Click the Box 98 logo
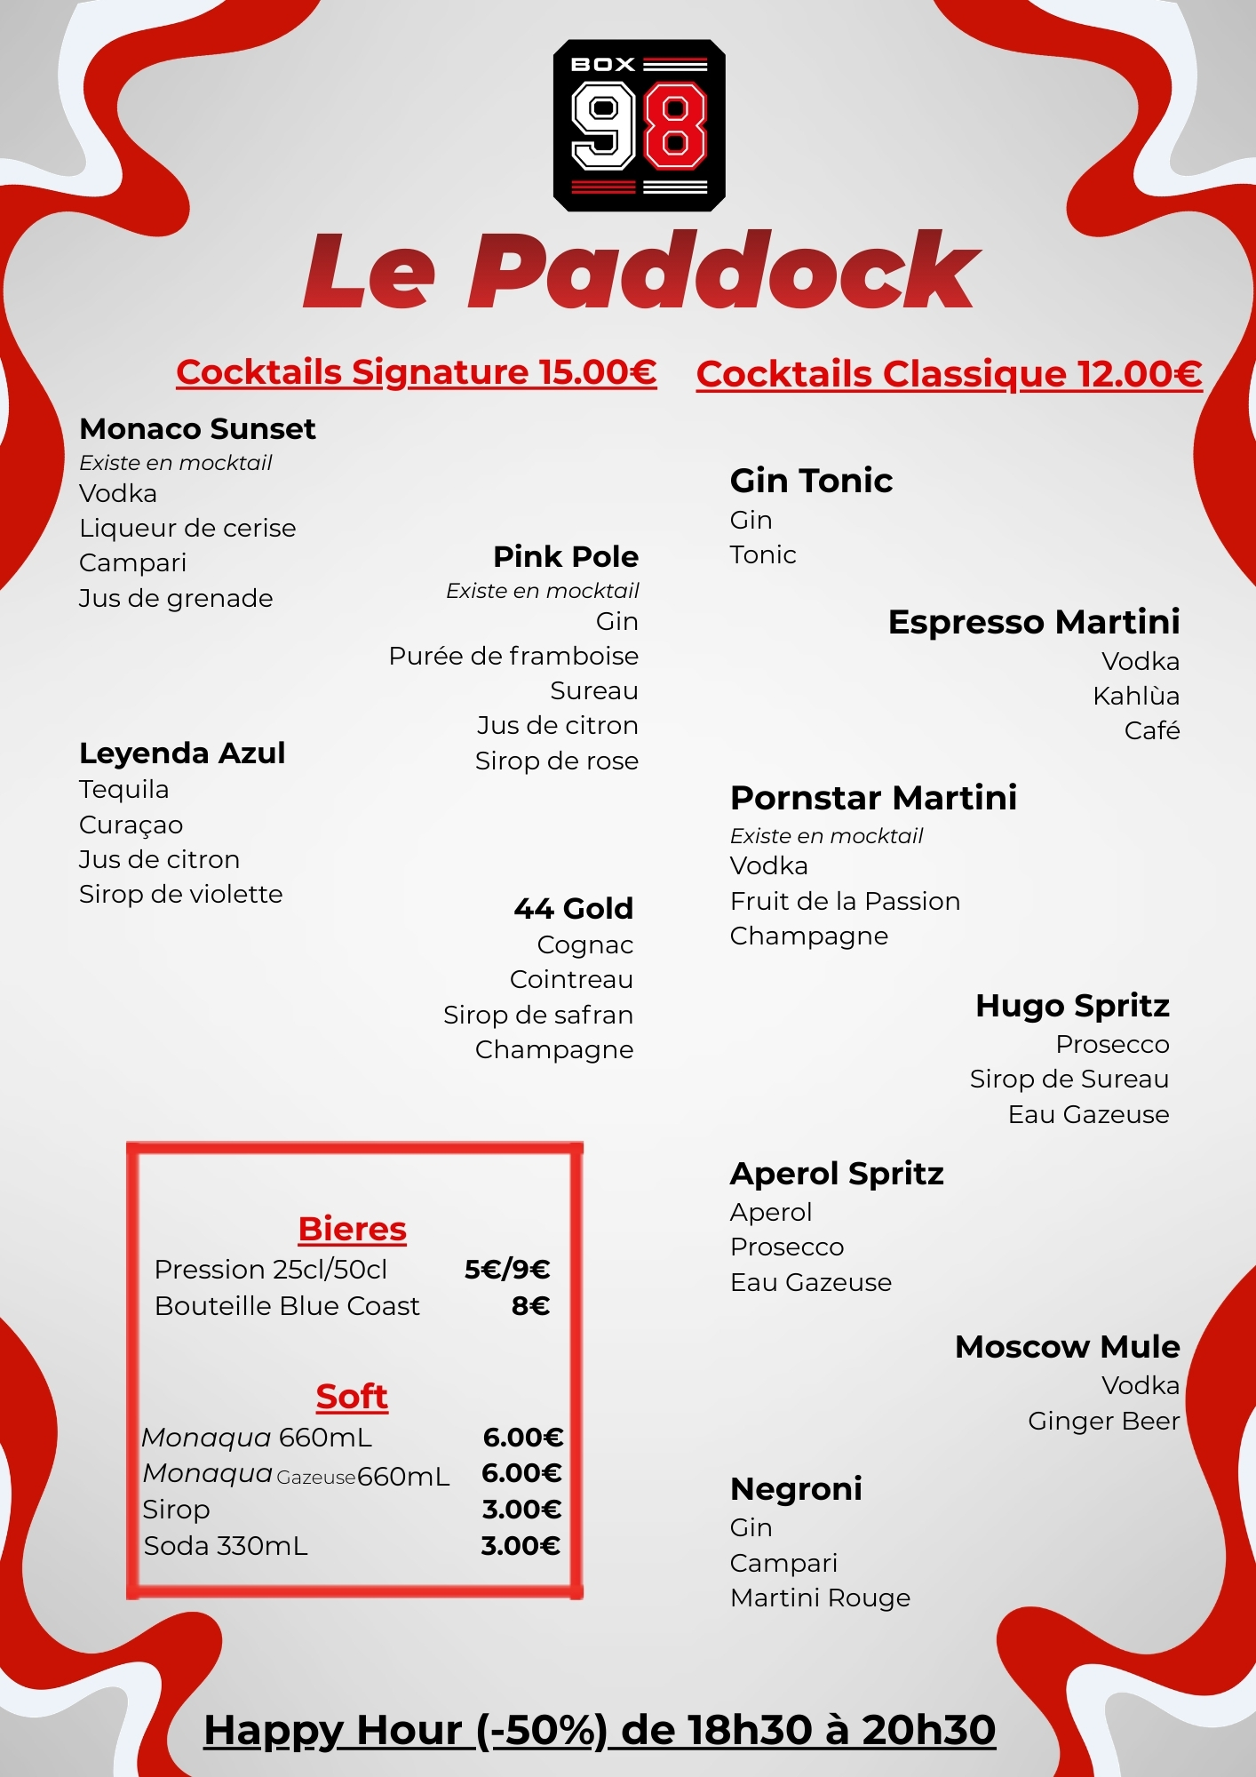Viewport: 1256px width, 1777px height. click(639, 125)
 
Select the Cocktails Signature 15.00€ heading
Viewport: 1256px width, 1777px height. click(416, 372)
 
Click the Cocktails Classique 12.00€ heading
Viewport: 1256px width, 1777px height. click(949, 374)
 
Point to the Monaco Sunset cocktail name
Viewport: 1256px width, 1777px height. click(197, 429)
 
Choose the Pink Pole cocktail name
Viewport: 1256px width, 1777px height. click(566, 557)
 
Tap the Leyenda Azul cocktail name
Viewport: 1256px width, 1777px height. click(182, 753)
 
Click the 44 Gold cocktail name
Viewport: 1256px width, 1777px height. click(574, 908)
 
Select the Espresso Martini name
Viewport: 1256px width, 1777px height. click(1033, 622)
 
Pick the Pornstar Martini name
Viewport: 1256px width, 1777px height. click(873, 798)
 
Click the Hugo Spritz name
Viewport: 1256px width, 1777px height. click(1072, 1006)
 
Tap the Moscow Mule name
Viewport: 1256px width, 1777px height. click(1067, 1347)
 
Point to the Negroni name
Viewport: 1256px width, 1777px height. click(796, 1488)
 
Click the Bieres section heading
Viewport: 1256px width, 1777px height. click(353, 1229)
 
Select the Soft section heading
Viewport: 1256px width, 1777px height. click(352, 1397)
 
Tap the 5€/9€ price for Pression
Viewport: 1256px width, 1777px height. click(507, 1270)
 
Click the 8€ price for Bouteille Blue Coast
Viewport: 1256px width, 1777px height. click(530, 1306)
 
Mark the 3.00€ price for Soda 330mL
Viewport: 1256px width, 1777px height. click(521, 1546)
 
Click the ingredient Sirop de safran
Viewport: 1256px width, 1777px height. click(538, 1015)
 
